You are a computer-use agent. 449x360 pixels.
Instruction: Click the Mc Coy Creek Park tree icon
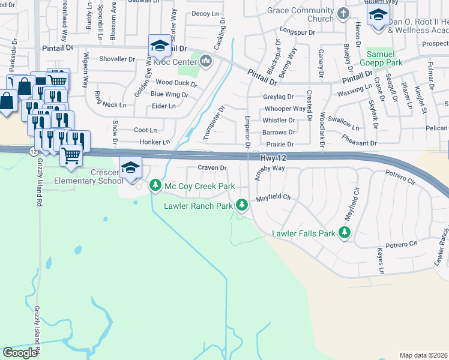click(155, 186)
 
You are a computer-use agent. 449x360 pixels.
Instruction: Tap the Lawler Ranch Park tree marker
click(242, 206)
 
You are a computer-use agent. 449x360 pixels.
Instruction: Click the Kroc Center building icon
click(206, 61)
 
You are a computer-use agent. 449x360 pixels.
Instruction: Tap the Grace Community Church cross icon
click(343, 14)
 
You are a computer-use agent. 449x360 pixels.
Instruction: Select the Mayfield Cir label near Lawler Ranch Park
click(273, 196)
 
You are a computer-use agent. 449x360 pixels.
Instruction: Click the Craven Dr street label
click(212, 168)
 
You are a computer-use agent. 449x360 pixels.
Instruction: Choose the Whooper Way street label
click(285, 109)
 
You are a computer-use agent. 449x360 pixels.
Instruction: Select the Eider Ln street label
click(163, 106)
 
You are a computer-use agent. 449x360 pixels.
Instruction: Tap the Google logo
click(20, 352)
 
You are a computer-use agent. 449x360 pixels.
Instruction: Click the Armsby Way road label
click(270, 169)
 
